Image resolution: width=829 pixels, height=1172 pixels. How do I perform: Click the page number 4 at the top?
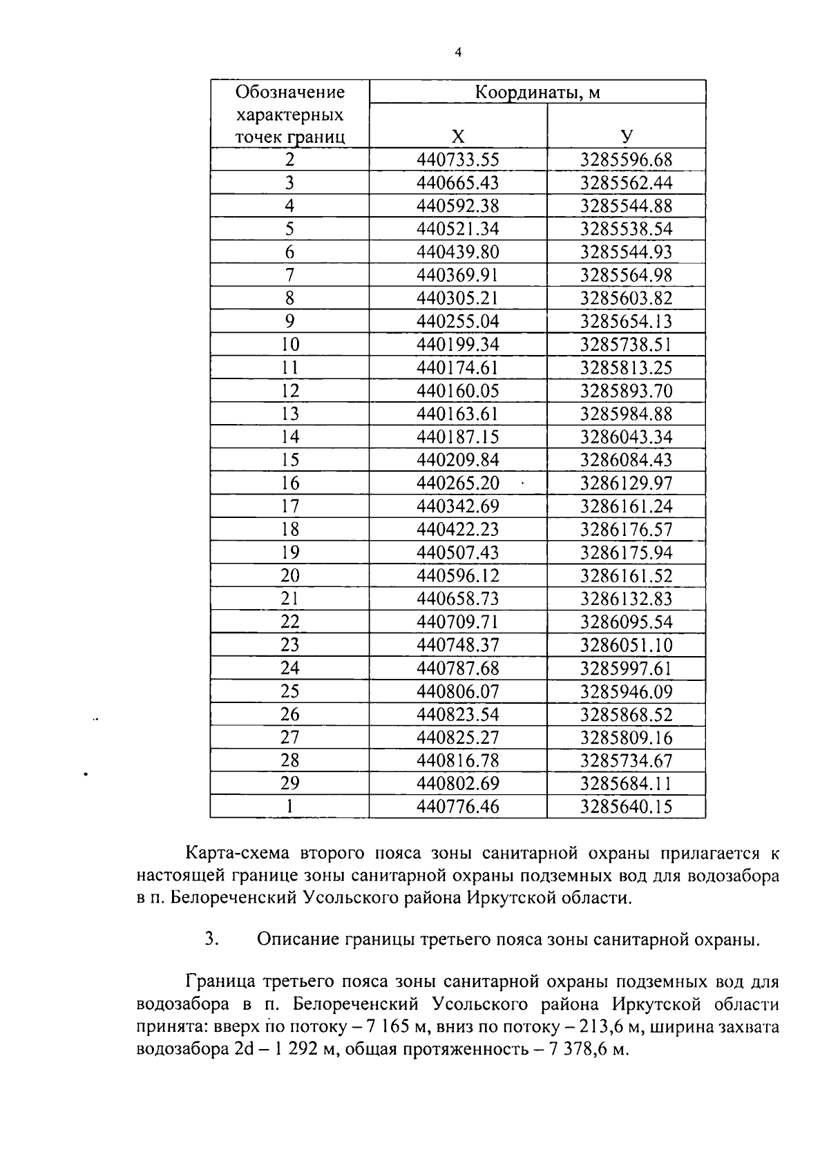(458, 52)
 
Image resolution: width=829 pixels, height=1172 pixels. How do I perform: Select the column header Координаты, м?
(537, 92)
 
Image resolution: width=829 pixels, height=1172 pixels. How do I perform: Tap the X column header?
(457, 137)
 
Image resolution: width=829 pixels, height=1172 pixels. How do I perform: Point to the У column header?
(626, 137)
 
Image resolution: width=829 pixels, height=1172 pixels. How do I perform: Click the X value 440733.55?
(457, 160)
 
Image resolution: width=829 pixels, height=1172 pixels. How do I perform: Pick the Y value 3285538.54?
(626, 229)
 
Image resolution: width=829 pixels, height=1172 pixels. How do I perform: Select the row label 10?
(289, 344)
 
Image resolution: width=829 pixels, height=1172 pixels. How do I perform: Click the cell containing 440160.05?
(457, 391)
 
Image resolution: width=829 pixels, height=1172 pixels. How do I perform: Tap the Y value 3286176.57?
(626, 530)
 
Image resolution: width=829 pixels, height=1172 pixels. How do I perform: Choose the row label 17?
(289, 506)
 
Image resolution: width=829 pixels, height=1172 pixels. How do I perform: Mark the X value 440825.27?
(457, 738)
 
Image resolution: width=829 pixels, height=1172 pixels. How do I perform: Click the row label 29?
(289, 783)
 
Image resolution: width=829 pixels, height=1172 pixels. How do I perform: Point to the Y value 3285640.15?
(626, 807)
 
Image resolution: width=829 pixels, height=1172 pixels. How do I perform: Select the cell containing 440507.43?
(457, 553)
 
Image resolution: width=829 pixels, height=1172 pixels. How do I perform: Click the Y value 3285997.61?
(626, 668)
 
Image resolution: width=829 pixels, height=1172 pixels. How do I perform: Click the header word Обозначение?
(289, 92)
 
